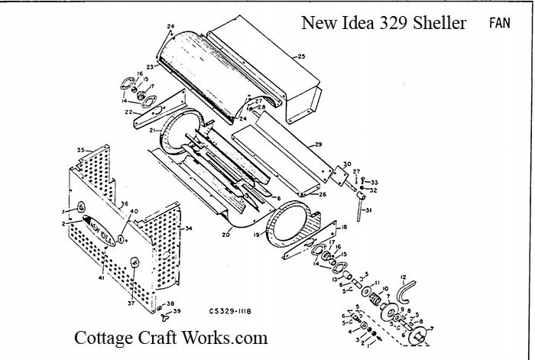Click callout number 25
(x=300, y=56)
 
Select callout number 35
(x=79, y=148)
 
